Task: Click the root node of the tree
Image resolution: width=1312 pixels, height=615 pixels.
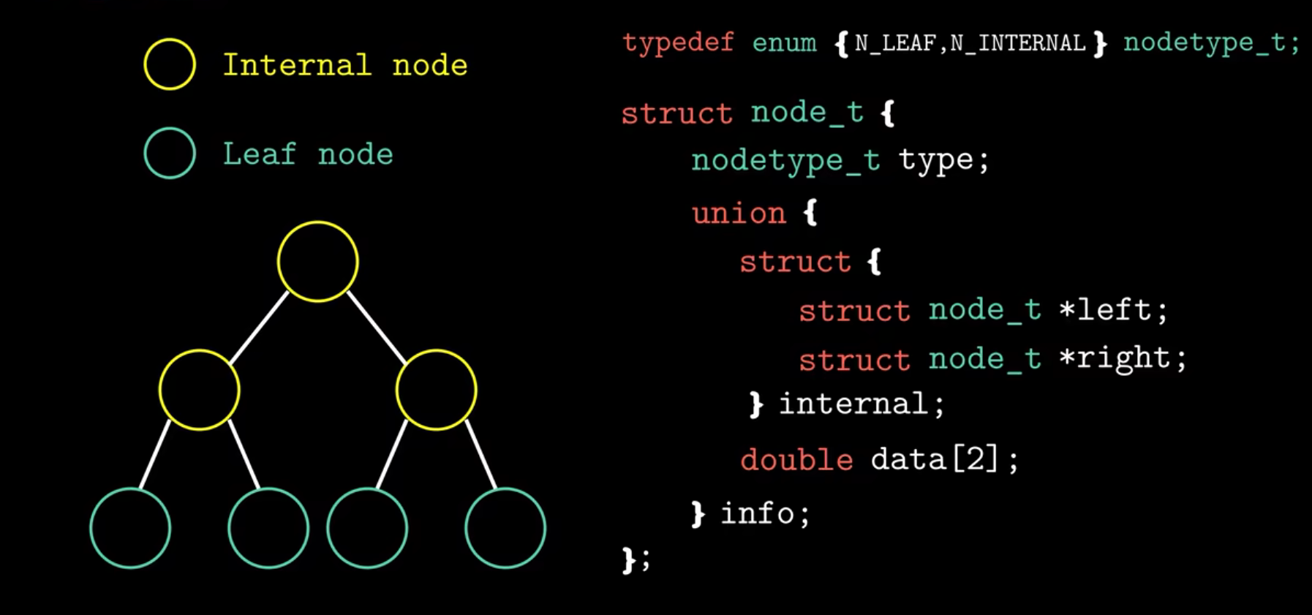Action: click(x=318, y=262)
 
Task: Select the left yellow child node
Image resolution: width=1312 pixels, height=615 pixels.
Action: click(x=199, y=390)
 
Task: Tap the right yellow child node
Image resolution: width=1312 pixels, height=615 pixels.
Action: click(x=436, y=390)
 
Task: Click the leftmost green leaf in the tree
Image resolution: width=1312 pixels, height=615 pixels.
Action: click(x=130, y=528)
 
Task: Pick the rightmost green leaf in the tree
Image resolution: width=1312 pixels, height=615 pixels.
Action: click(x=505, y=528)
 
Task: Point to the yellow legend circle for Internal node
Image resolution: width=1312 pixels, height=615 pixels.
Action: click(x=170, y=64)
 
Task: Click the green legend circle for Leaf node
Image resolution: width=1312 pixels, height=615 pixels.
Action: click(x=170, y=154)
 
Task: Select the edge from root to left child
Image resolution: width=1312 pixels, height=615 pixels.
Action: click(x=259, y=327)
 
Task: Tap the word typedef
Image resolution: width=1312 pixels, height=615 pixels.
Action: click(x=678, y=42)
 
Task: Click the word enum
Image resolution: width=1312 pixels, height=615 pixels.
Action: click(x=784, y=42)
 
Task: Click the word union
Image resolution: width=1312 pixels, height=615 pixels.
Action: click(x=739, y=214)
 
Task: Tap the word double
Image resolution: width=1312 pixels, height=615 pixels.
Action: click(x=796, y=460)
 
